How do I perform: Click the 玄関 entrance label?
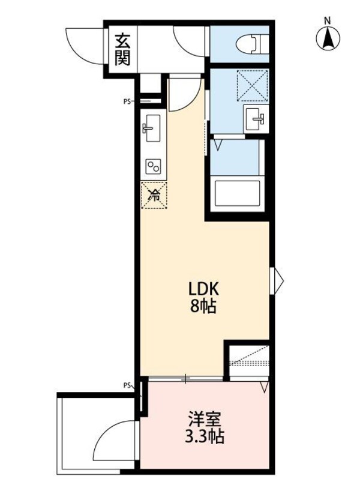(x=122, y=49)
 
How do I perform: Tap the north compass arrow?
(x=328, y=40)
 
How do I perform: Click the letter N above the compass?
(x=328, y=20)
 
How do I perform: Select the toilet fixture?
(x=252, y=44)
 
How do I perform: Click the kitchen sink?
(x=151, y=128)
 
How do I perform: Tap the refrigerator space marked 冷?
(x=154, y=194)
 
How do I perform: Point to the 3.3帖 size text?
(x=202, y=436)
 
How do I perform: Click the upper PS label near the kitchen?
(x=127, y=101)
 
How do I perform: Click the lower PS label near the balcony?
(x=127, y=385)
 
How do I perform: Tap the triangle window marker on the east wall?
(x=277, y=279)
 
